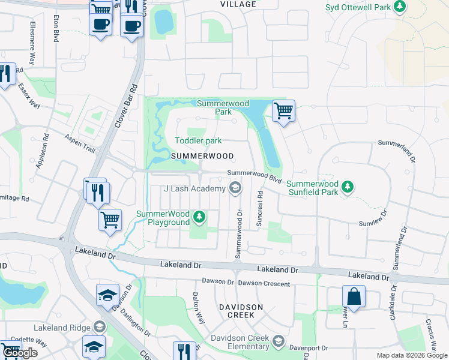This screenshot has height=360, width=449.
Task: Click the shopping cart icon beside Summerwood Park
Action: (x=283, y=111)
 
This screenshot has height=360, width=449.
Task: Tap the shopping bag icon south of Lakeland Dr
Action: (x=354, y=296)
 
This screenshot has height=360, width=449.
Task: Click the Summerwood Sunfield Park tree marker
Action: (x=347, y=188)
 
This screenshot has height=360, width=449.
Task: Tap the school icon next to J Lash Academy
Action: (x=236, y=189)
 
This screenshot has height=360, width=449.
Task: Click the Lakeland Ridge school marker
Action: (x=99, y=328)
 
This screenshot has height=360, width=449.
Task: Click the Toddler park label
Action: (x=198, y=141)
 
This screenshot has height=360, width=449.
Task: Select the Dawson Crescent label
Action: (x=264, y=282)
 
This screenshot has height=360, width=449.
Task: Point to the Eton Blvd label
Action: (x=56, y=28)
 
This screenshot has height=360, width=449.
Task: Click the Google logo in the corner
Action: (x=20, y=353)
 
